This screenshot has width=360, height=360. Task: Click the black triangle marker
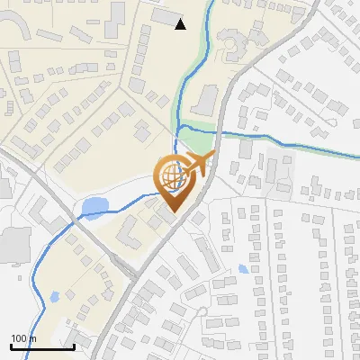pyautogui.click(x=180, y=24)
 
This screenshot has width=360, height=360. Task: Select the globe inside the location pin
pyautogui.click(x=172, y=175)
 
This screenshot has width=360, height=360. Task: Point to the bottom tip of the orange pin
pyautogui.click(x=172, y=211)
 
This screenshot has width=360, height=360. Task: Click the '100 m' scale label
pyautogui.click(x=23, y=338)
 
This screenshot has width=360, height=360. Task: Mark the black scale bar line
pyautogui.click(x=42, y=346)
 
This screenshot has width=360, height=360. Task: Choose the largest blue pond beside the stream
pyautogui.click(x=93, y=210)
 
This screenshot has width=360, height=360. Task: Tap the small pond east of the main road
pyautogui.click(x=243, y=269)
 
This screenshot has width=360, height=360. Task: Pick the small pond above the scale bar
pyautogui.click(x=54, y=296)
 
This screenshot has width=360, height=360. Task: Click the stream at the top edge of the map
pyautogui.click(x=212, y=4)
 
